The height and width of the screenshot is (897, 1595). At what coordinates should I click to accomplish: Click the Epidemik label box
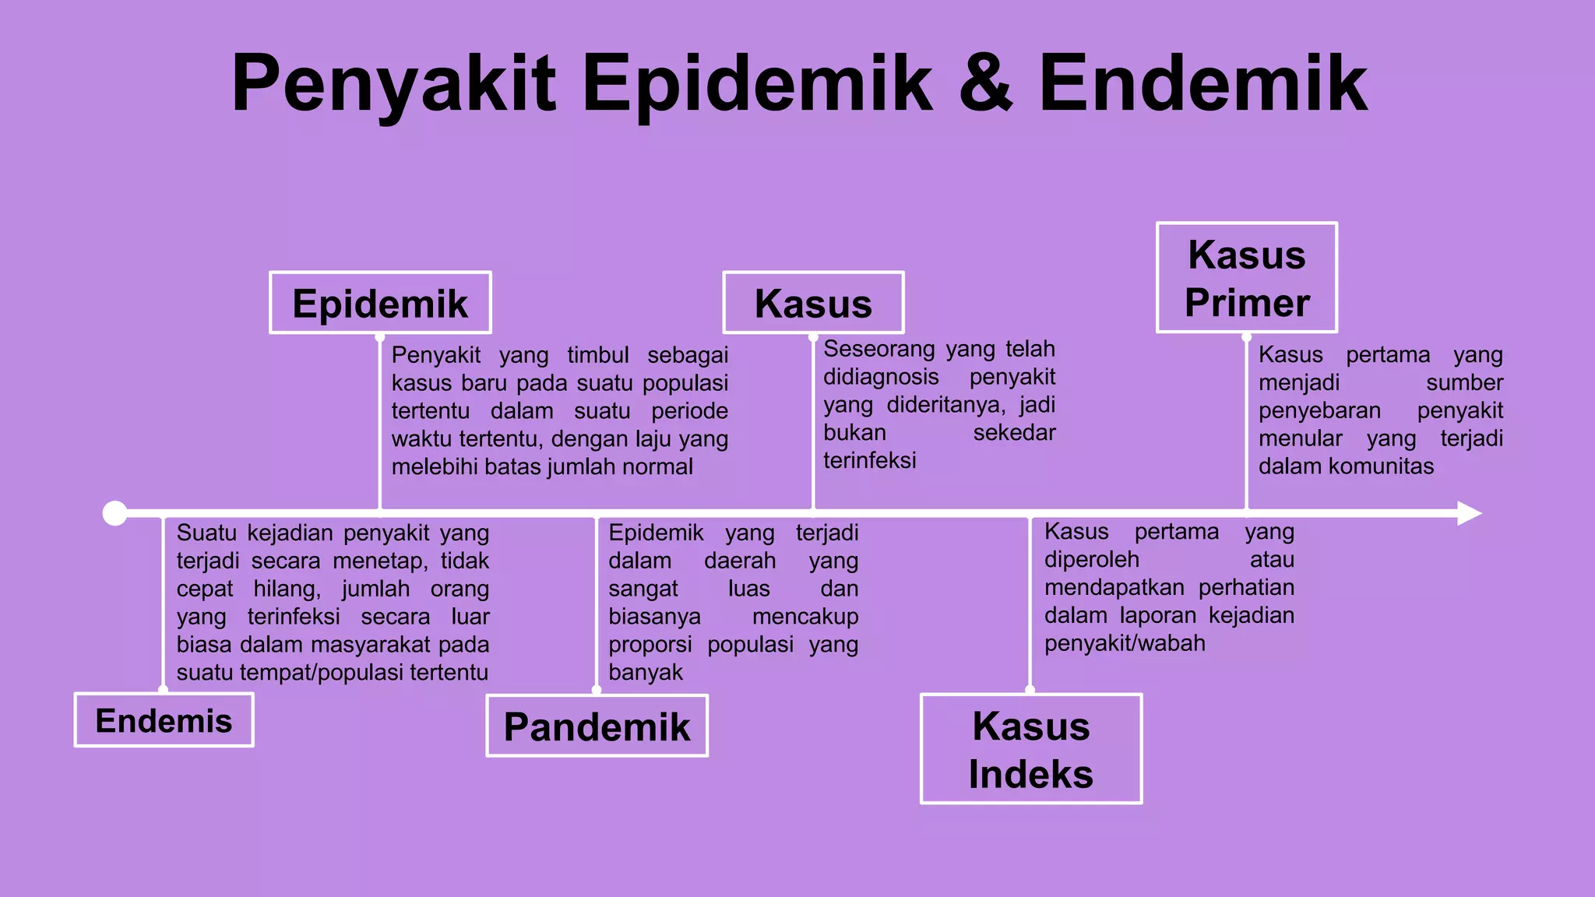click(380, 303)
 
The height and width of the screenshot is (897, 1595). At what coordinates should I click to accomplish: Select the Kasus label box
click(813, 303)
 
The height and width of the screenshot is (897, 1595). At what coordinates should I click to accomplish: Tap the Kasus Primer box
click(1247, 278)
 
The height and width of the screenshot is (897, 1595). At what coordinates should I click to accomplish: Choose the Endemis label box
click(164, 720)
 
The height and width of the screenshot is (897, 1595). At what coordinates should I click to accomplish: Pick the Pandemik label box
click(597, 726)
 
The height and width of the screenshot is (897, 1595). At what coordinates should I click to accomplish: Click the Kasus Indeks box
click(1031, 749)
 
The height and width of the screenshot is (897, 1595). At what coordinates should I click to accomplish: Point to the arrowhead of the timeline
click(1468, 513)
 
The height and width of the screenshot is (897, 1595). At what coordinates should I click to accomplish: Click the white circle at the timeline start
click(115, 513)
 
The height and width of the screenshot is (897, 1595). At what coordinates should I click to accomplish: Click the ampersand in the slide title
click(986, 83)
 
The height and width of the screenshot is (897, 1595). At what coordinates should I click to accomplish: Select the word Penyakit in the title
click(394, 85)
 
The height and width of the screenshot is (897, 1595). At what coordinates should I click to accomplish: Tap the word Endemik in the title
click(1203, 83)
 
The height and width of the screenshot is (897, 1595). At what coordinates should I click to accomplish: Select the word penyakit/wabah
click(1125, 643)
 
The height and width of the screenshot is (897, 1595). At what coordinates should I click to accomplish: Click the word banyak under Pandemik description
click(646, 672)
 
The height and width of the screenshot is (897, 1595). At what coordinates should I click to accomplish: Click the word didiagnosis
click(881, 377)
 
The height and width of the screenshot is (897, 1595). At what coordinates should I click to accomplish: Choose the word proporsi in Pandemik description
click(650, 645)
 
